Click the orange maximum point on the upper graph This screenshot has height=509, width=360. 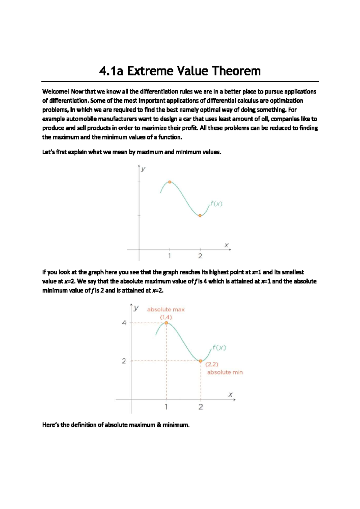pos(170,182)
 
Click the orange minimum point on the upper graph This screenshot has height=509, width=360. pos(200,215)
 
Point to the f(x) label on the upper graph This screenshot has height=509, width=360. pos(216,204)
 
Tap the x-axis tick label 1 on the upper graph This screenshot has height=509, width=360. pos(169,256)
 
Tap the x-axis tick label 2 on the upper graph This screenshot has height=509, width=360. pos(200,256)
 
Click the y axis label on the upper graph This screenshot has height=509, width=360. pos(143,169)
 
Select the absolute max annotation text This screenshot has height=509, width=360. pos(166,309)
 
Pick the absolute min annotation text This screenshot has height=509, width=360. pos(225,372)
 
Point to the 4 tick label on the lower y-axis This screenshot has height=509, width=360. pos(124,323)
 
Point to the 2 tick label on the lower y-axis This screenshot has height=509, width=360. pos(124,361)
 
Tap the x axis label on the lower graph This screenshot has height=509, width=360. pos(230,395)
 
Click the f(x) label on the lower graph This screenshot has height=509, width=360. pos(219,348)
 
